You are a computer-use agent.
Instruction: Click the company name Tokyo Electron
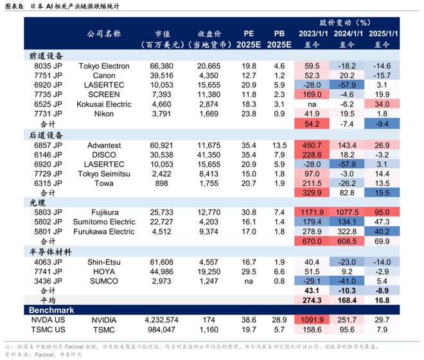click(103, 66)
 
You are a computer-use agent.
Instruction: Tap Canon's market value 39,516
click(161, 76)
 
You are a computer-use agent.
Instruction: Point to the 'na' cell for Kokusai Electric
click(313, 104)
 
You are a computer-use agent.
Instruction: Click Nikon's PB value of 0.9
click(279, 114)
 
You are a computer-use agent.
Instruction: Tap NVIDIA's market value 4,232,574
click(161, 320)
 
